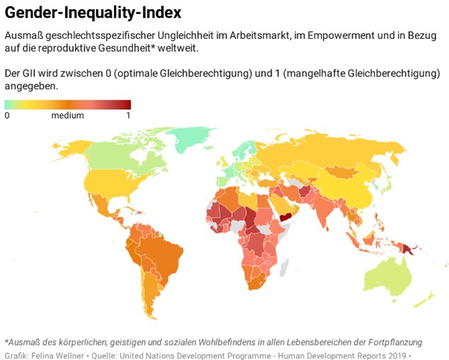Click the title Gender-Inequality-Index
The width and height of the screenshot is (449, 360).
93,13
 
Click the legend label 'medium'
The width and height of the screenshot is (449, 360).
67,116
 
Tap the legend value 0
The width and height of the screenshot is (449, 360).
7,116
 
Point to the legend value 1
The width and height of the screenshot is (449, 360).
128,116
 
